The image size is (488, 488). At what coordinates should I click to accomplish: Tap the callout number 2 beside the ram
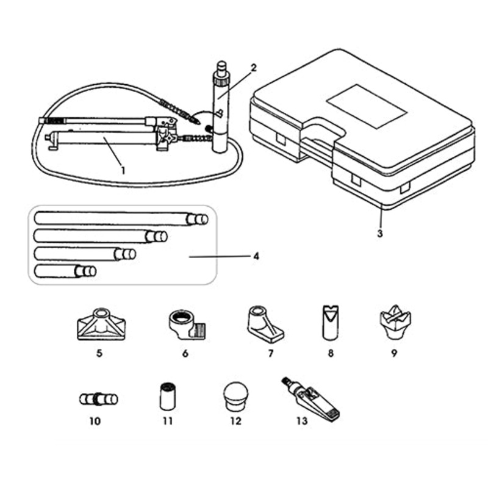point(254,68)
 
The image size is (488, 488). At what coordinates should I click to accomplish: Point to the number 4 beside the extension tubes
point(256,257)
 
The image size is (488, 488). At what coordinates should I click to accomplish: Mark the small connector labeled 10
point(98,400)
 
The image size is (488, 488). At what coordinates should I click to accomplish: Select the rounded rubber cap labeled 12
point(235,396)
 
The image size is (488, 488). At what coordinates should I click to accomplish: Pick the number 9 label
point(394,353)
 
